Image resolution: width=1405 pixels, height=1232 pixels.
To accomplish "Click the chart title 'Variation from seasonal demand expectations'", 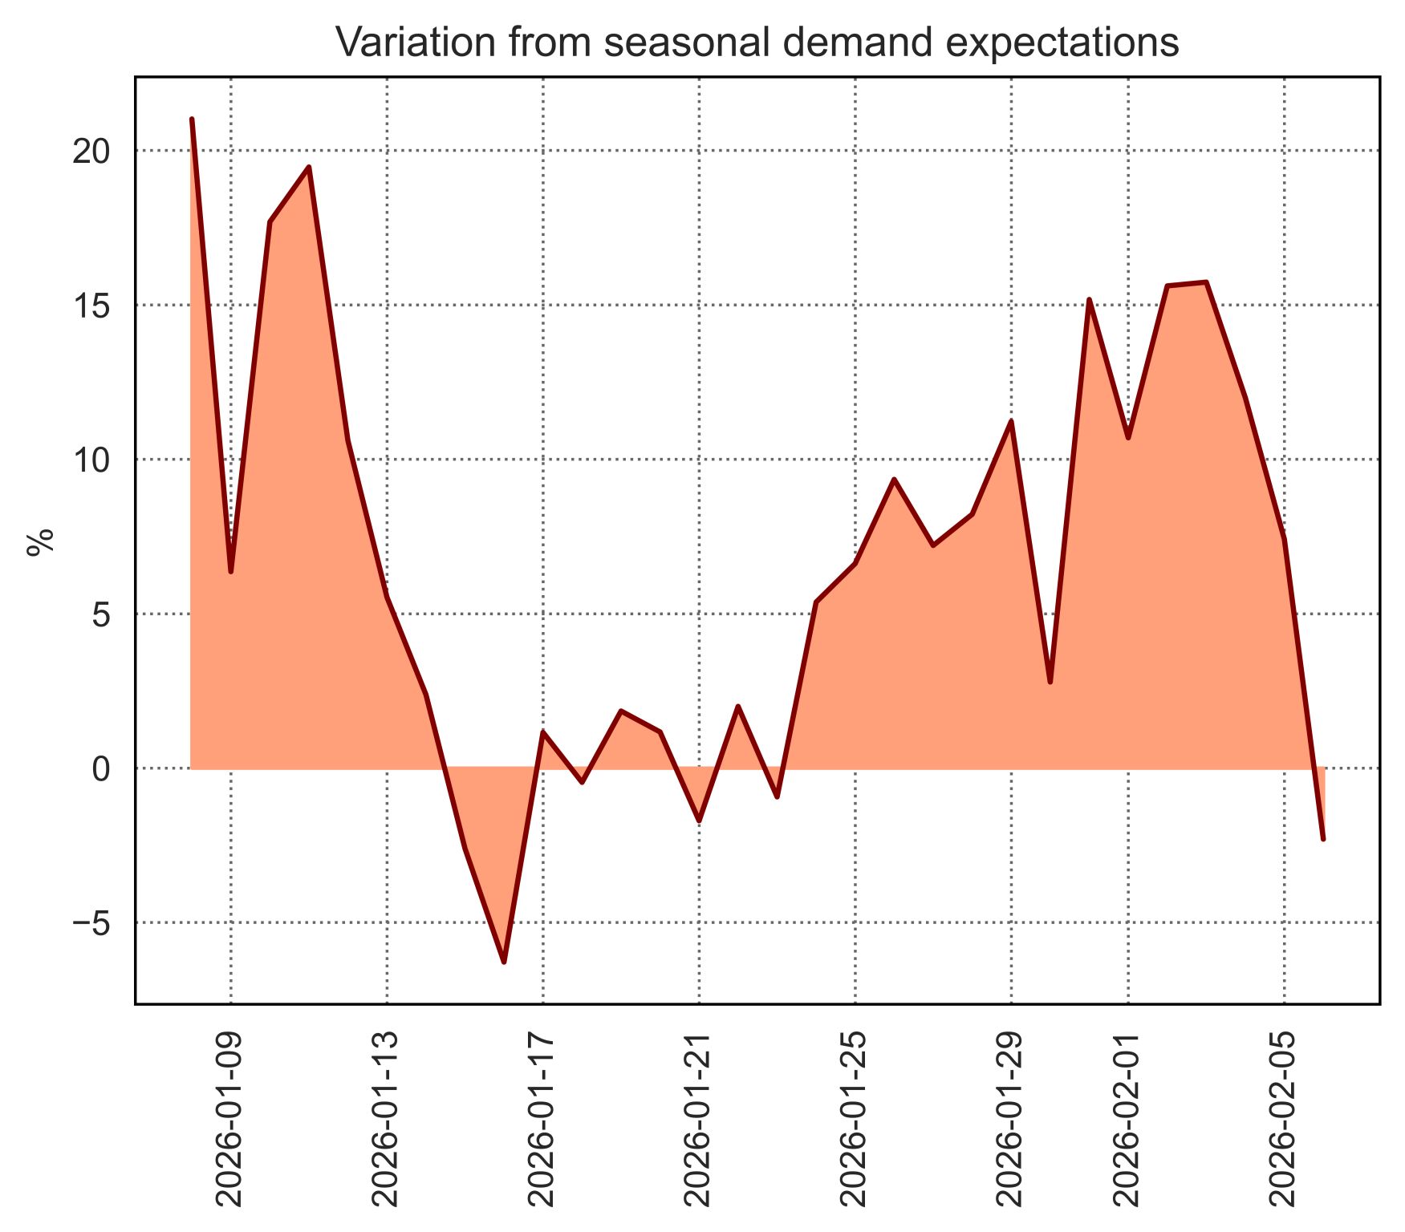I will click(x=757, y=43).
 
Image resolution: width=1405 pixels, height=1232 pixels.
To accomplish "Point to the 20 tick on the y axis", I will click(x=91, y=152).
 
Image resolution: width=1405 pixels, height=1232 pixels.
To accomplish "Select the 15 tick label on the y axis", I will click(x=91, y=306).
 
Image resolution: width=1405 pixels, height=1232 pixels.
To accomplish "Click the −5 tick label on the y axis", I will click(x=91, y=924).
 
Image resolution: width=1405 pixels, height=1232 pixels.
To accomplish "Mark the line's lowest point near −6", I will click(x=504, y=962).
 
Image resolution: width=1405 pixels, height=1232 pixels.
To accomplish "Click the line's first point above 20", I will click(x=192, y=120).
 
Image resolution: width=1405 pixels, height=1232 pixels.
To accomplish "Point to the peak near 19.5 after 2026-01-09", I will click(x=309, y=167).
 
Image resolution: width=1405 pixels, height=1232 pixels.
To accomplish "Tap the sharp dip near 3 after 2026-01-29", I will click(x=1050, y=682).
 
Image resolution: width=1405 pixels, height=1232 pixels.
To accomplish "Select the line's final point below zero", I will click(x=1323, y=839).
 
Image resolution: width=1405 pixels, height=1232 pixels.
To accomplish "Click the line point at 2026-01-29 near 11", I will click(x=1011, y=421).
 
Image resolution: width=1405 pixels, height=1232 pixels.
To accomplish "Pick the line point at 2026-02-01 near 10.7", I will click(x=1128, y=438).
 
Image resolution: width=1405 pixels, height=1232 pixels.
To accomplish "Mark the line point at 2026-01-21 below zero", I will click(x=699, y=821).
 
